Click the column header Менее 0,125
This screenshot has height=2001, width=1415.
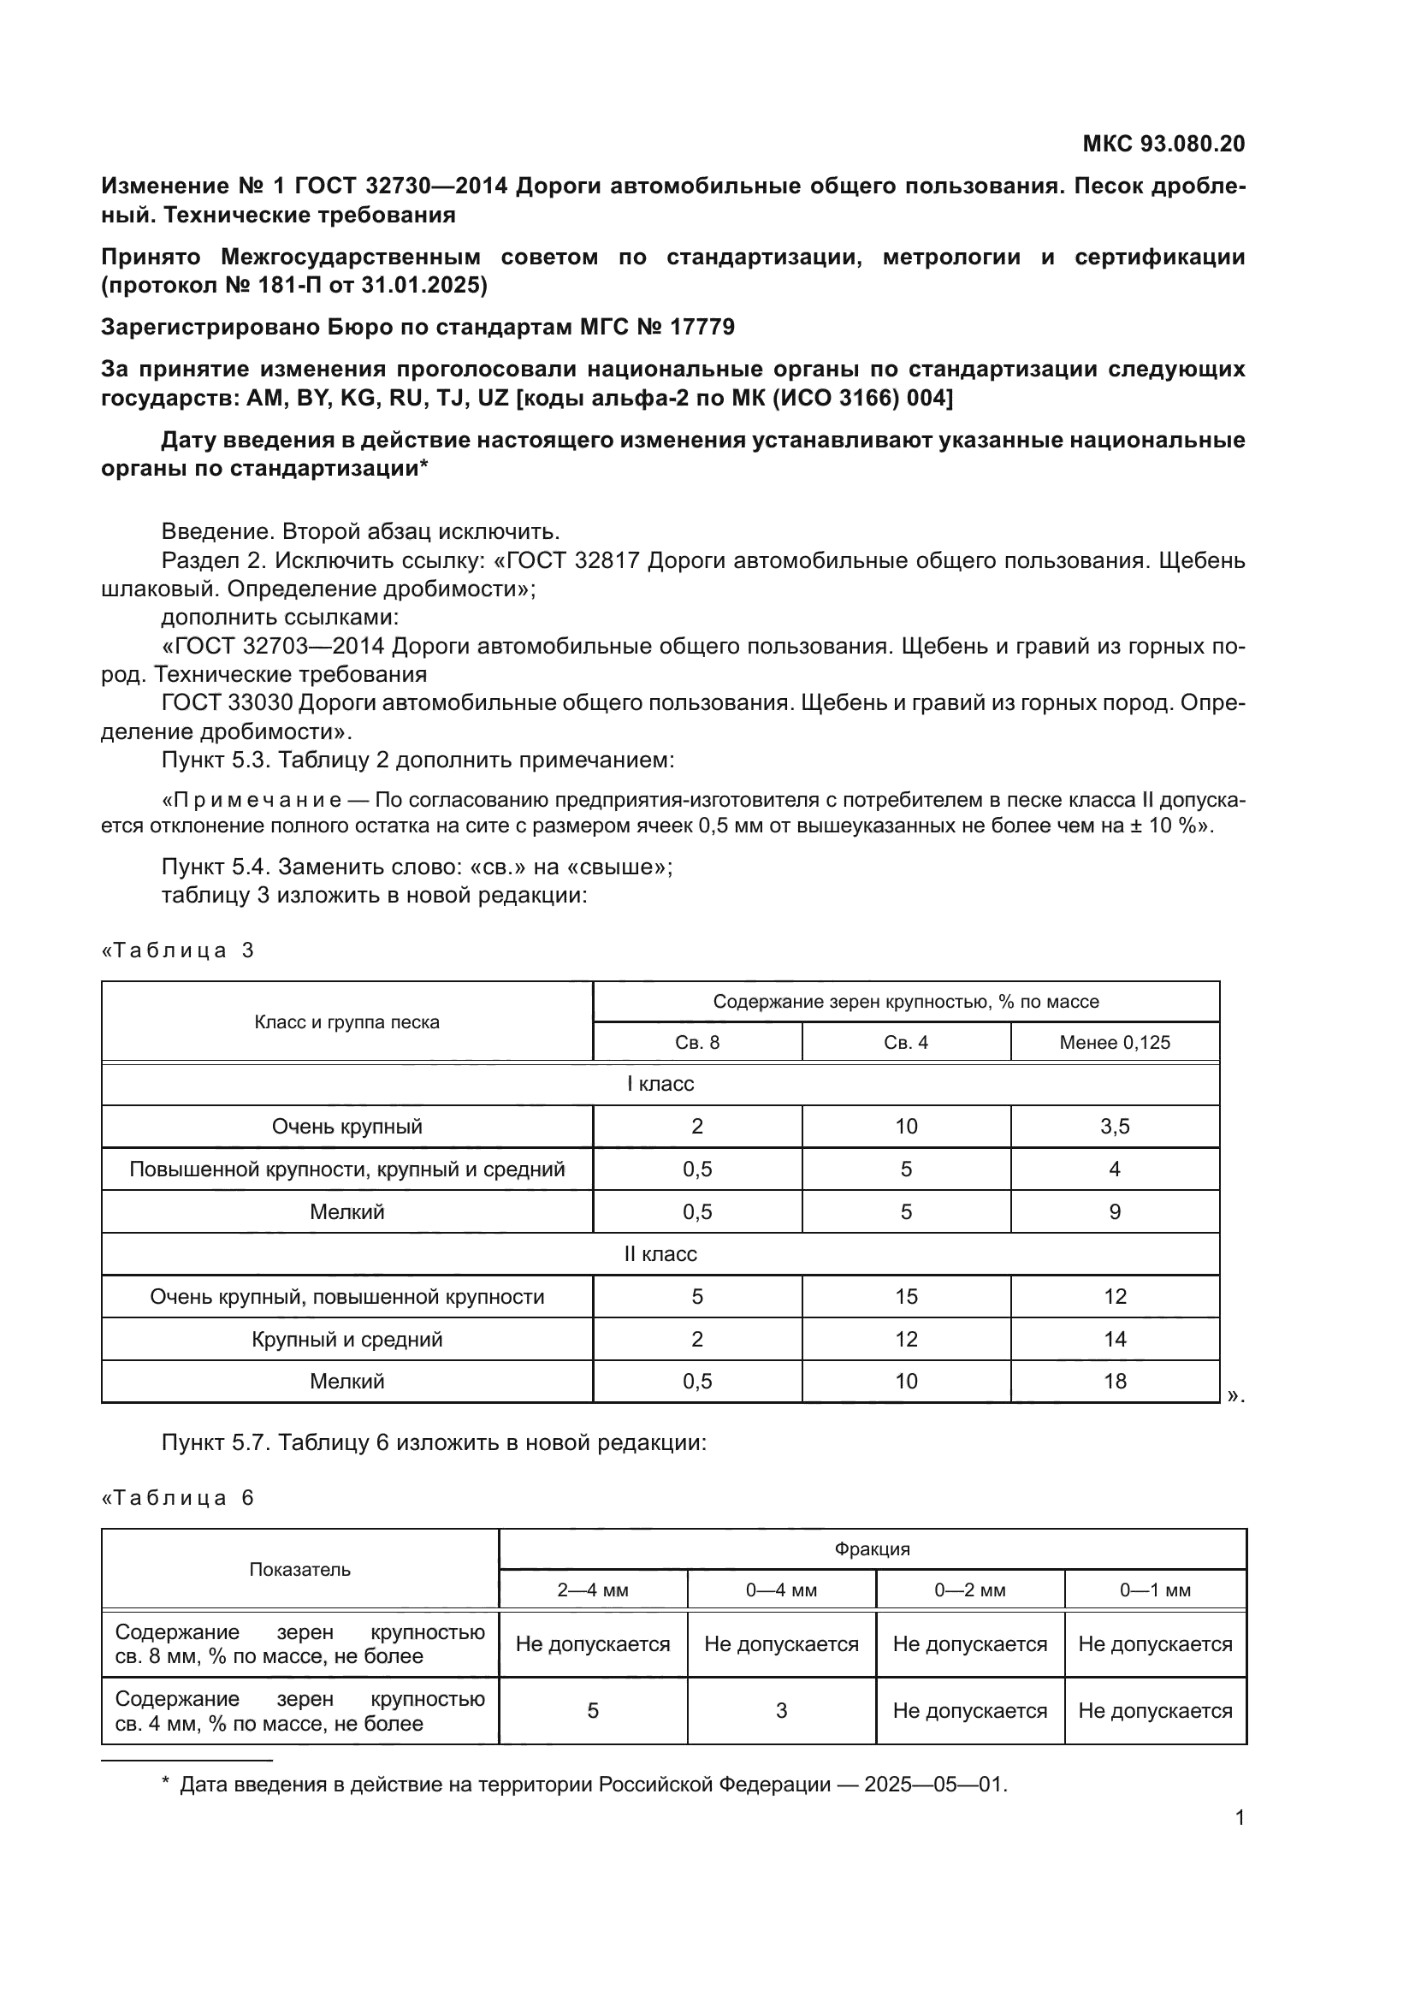point(1115,1042)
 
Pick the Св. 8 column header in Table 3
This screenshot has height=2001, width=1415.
point(697,1042)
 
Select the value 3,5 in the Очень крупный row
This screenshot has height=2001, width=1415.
point(1115,1127)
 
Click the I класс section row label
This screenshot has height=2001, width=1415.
point(660,1084)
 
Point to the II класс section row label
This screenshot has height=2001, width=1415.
point(660,1254)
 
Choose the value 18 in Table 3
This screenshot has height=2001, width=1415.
point(1115,1382)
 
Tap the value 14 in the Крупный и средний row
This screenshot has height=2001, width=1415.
point(1115,1340)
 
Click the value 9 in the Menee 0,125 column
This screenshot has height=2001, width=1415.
point(1115,1212)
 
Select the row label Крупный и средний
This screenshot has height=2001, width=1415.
point(346,1340)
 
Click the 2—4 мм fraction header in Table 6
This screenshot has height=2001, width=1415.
point(593,1590)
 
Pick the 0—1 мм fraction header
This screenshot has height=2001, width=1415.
point(1154,1590)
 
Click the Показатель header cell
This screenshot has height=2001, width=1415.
point(299,1570)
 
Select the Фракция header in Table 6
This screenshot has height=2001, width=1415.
point(871,1549)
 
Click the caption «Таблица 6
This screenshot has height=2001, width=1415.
point(179,1498)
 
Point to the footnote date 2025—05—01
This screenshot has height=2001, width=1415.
point(935,1785)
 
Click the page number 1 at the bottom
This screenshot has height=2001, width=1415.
point(1239,1818)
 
